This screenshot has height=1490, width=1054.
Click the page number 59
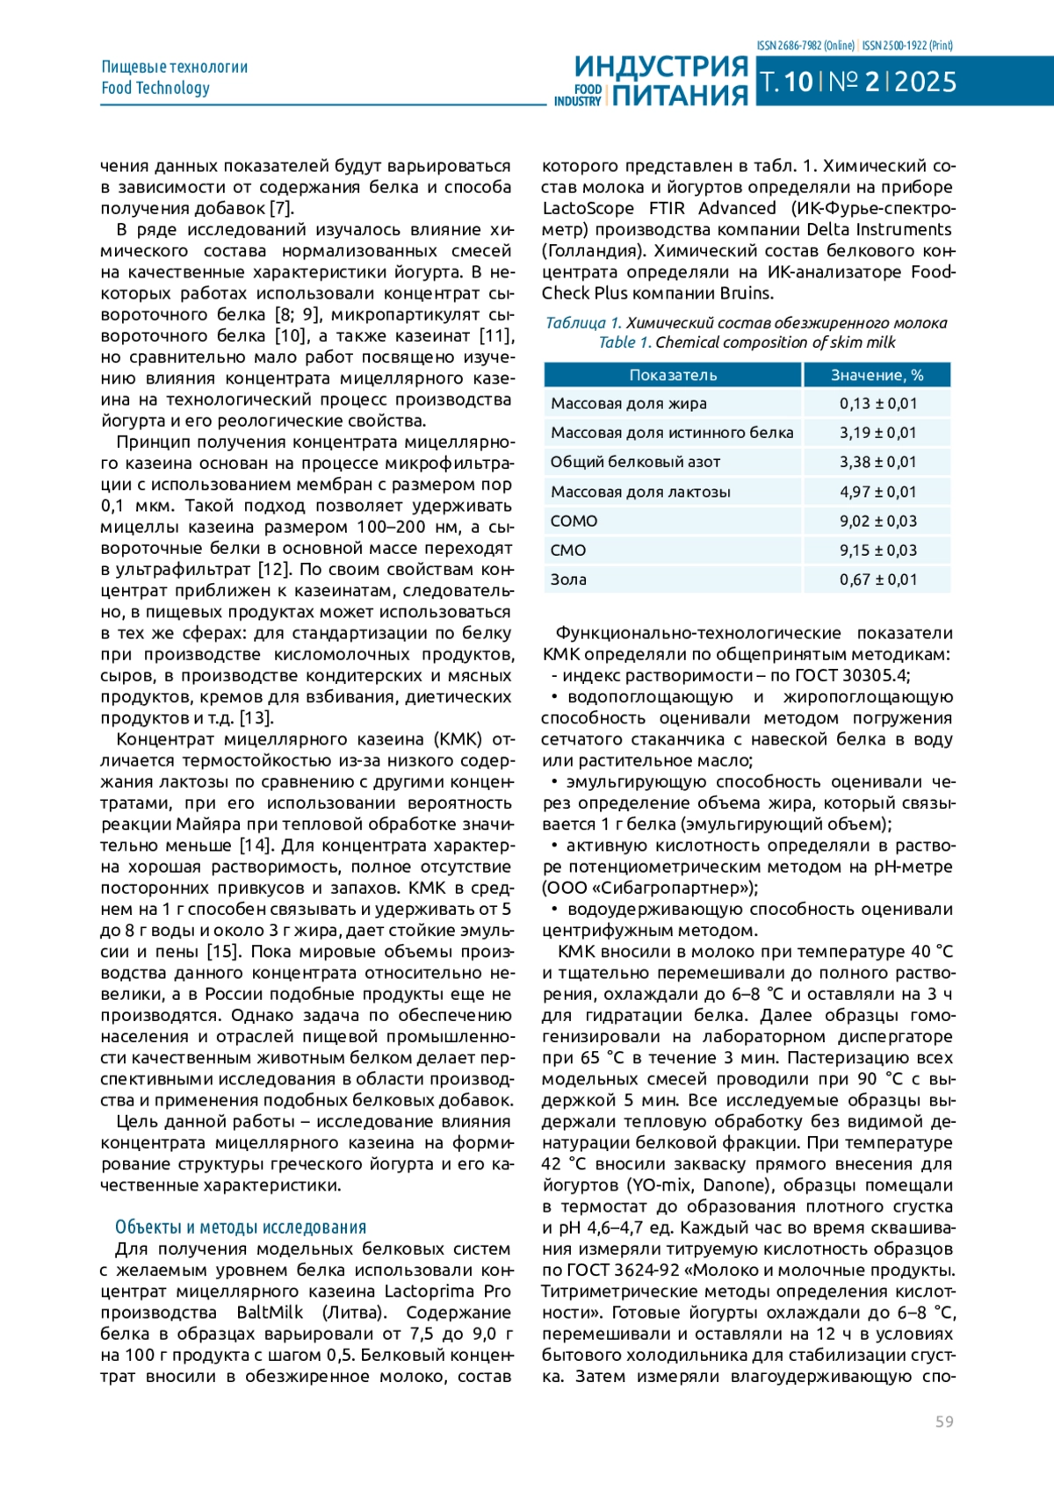(944, 1422)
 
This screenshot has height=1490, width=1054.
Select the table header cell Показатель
(673, 375)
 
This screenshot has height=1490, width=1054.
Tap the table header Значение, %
(877, 375)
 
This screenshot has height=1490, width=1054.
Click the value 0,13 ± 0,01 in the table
(877, 404)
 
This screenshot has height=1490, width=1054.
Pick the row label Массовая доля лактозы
(640, 492)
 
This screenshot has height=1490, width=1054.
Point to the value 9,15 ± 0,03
(877, 551)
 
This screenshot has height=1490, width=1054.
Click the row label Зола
(568, 579)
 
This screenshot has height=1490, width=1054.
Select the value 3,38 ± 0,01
(877, 462)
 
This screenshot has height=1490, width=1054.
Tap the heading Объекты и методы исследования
(241, 1227)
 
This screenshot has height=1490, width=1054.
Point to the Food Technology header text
(155, 88)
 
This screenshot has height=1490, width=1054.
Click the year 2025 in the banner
(926, 82)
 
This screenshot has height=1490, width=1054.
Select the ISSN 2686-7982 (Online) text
(805, 45)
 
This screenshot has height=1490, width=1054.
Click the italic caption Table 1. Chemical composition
(747, 342)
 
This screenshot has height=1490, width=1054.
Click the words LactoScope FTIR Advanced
(659, 208)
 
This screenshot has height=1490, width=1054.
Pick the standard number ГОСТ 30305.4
(851, 675)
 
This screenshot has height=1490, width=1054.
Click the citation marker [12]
(273, 570)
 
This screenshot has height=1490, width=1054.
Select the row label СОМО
(574, 521)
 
